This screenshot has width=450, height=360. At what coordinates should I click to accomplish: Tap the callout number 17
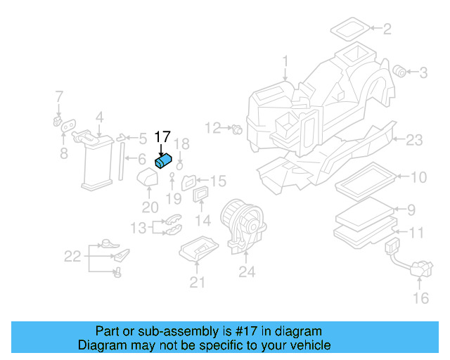[162, 138]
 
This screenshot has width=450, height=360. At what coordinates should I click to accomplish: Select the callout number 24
[246, 271]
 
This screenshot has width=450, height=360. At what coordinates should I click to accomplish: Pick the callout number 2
[386, 29]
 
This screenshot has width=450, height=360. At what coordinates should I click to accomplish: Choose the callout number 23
[414, 141]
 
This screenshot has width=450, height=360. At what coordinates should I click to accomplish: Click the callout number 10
[418, 177]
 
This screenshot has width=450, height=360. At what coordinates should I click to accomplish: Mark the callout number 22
[72, 257]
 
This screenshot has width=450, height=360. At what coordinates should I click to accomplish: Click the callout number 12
[212, 127]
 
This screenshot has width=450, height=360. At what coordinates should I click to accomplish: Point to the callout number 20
[150, 207]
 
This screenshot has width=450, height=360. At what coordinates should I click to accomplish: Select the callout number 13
[138, 227]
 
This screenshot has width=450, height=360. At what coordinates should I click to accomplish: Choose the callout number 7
[59, 96]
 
